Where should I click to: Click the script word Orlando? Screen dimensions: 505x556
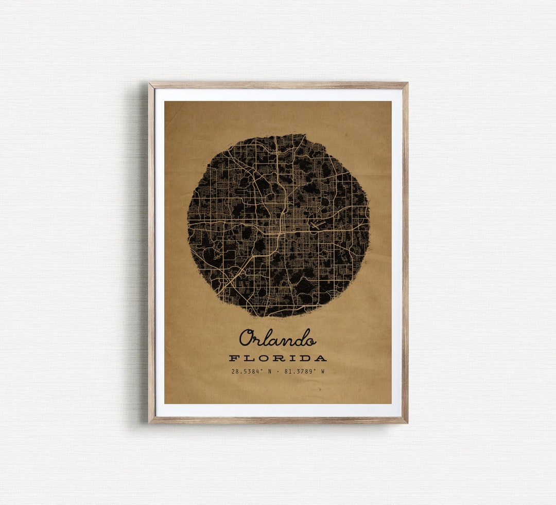[277, 338]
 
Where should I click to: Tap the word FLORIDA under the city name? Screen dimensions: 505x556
[277, 358]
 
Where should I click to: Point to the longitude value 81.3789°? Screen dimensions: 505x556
[300, 371]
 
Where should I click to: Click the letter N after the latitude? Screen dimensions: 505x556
[269, 371]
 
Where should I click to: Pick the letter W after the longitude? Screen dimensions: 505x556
[323, 371]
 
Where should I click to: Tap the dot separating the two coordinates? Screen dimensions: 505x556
[277, 371]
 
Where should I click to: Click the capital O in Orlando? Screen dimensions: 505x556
[247, 338]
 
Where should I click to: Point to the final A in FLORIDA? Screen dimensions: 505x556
[321, 358]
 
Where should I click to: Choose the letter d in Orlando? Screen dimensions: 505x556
[298, 338]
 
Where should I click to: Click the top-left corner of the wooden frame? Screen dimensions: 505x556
[150, 83]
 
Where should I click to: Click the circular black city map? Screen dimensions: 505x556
[278, 225]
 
